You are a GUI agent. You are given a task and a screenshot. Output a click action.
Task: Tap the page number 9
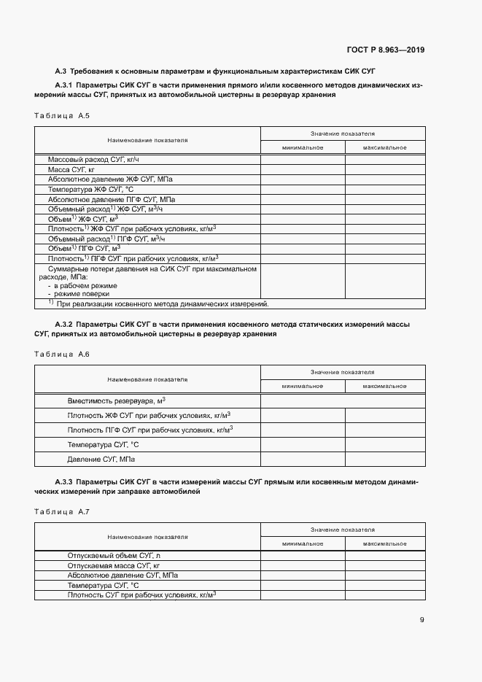(x=422, y=620)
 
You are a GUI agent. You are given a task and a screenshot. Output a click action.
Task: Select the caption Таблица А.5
(x=62, y=116)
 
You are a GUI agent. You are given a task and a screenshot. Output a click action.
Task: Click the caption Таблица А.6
(x=62, y=354)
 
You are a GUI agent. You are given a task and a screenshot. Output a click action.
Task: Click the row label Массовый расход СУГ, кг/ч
(x=93, y=159)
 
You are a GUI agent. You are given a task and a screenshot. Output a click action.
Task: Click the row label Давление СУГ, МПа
(x=101, y=460)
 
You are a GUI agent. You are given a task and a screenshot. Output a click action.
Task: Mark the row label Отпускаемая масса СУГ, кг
(x=113, y=565)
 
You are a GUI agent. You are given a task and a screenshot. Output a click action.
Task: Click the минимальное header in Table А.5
(x=303, y=147)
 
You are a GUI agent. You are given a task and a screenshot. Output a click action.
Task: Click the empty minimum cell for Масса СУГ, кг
(x=303, y=168)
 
